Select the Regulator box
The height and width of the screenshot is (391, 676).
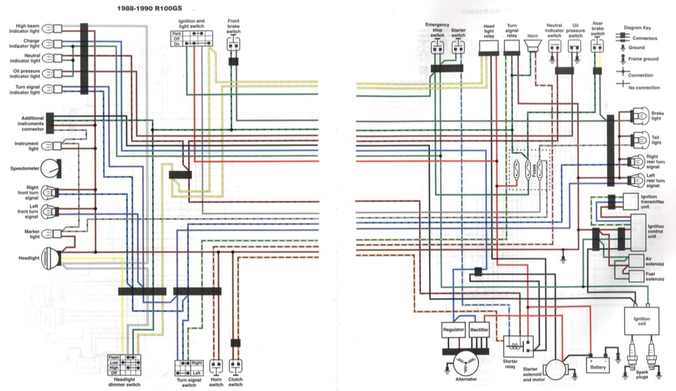pyautogui.click(x=454, y=330)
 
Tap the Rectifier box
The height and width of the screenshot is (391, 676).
pyautogui.click(x=479, y=330)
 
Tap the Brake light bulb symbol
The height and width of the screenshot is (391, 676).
pyautogui.click(x=639, y=115)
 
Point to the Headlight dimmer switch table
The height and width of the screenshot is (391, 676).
pyautogui.click(x=125, y=364)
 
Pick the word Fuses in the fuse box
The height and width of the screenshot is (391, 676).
pyautogui.click(x=534, y=170)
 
